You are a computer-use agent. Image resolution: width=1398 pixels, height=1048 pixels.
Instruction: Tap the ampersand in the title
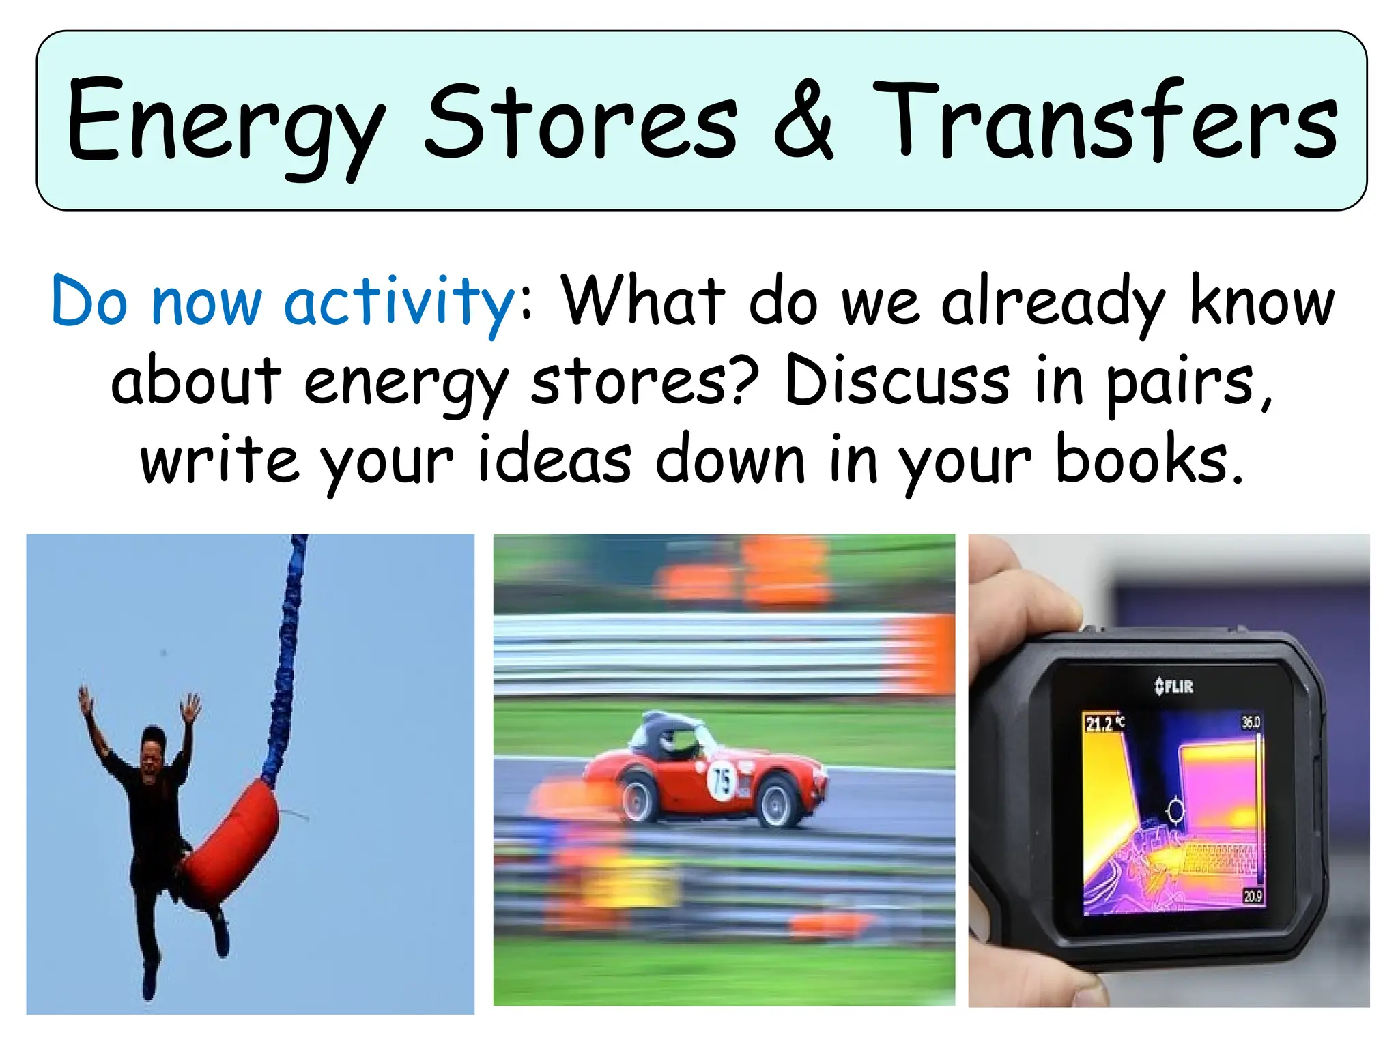(x=803, y=121)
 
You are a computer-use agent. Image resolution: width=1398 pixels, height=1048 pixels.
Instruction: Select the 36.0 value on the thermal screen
(x=1251, y=723)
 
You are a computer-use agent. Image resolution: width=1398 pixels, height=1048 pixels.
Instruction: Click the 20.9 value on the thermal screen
(x=1252, y=896)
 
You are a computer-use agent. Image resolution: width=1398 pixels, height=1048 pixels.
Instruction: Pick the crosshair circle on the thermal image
(x=1175, y=811)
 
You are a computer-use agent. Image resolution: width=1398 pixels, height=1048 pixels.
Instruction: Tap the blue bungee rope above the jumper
(x=287, y=655)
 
